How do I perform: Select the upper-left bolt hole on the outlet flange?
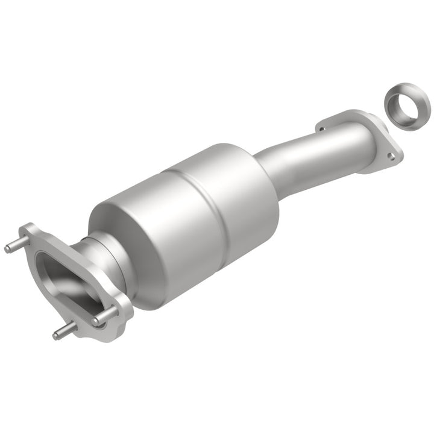click(x=321, y=128)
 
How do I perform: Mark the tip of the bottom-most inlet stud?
click(x=56, y=335)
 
